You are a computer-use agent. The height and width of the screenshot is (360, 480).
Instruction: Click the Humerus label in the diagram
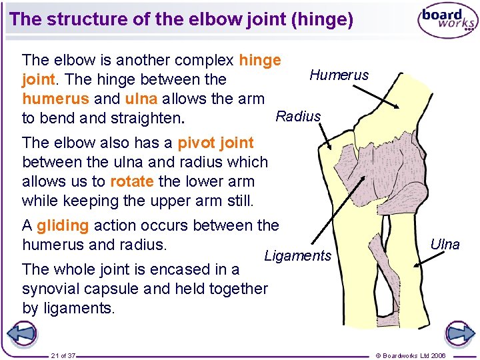[339, 75]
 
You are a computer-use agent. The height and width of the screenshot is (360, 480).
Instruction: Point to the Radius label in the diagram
[298, 116]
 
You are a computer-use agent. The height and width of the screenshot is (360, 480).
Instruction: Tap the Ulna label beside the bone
[445, 244]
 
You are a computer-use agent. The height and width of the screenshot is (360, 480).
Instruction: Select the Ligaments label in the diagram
[297, 255]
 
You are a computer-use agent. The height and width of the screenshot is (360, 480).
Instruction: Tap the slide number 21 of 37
[63, 355]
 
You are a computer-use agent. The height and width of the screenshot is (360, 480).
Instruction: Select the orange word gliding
[63, 225]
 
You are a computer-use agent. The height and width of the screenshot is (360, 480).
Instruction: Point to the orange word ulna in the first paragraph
[141, 99]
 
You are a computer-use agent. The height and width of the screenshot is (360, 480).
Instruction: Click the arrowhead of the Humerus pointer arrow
[398, 107]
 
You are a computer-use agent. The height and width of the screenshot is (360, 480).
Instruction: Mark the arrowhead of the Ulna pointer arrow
[414, 265]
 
